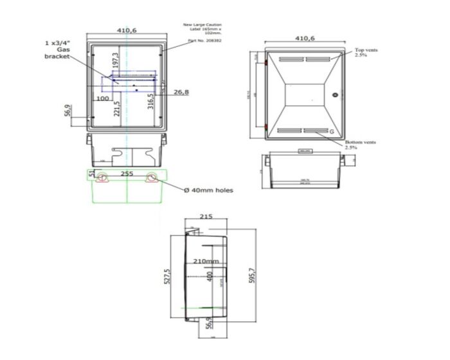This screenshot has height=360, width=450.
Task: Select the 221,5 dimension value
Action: pyautogui.click(x=116, y=108)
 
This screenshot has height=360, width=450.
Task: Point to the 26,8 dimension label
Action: pyautogui.click(x=181, y=92)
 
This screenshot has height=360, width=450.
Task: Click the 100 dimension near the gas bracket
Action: pyautogui.click(x=102, y=99)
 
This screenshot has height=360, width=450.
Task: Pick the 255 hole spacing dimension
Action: pyautogui.click(x=127, y=174)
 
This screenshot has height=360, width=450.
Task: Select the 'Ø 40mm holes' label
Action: pyautogui.click(x=208, y=190)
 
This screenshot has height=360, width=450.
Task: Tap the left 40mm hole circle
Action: pyautogui.click(x=102, y=179)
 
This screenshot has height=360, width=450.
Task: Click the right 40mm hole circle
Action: pyautogui.click(x=152, y=179)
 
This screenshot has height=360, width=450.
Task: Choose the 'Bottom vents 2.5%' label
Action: pyautogui.click(x=360, y=145)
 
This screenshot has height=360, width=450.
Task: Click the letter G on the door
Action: pyautogui.click(x=332, y=132)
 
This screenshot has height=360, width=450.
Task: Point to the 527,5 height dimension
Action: pyautogui.click(x=168, y=278)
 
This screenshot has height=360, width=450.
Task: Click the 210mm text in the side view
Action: pyautogui.click(x=206, y=262)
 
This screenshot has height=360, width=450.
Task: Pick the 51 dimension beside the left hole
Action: pyautogui.click(x=92, y=174)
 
